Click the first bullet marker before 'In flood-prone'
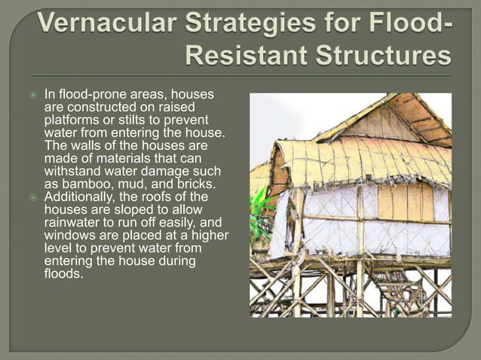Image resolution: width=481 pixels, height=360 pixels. click(32, 96)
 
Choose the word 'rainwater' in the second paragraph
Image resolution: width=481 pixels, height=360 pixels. click(75, 222)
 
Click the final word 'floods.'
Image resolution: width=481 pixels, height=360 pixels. click(63, 273)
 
